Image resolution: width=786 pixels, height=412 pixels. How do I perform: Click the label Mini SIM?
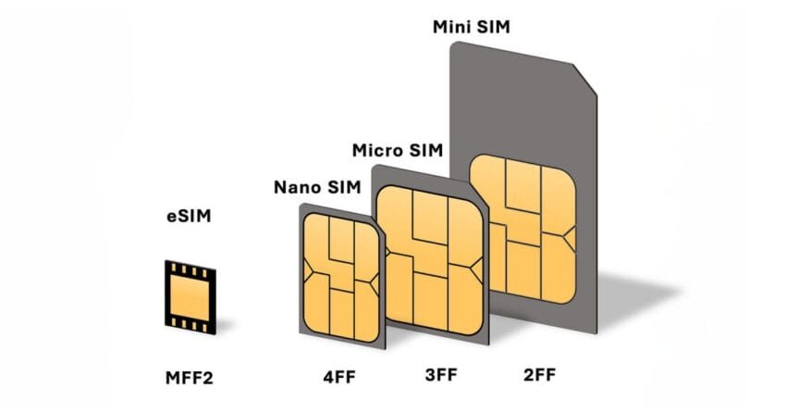click(472, 27)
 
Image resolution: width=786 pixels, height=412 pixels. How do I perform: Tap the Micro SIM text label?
click(398, 150)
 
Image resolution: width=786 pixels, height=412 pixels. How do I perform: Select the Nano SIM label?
click(317, 187)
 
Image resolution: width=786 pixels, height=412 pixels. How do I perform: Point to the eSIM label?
click(189, 217)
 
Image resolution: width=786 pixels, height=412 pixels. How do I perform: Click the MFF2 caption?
click(190, 378)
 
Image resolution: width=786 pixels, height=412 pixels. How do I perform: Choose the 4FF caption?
click(339, 377)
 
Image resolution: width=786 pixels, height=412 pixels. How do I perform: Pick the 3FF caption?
click(441, 375)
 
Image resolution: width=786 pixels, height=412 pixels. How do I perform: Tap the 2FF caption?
click(540, 375)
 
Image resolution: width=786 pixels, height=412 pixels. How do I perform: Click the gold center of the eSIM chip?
click(190, 297)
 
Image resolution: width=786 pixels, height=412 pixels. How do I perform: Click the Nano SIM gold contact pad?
click(341, 278)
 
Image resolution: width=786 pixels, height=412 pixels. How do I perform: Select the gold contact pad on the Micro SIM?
click(430, 260)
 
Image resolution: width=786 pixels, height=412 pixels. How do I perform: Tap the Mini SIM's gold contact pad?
click(522, 229)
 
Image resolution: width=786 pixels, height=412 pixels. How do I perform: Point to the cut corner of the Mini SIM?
click(584, 79)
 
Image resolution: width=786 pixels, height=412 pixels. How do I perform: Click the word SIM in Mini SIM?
click(493, 27)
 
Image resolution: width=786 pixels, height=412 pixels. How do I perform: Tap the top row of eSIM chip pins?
click(190, 270)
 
